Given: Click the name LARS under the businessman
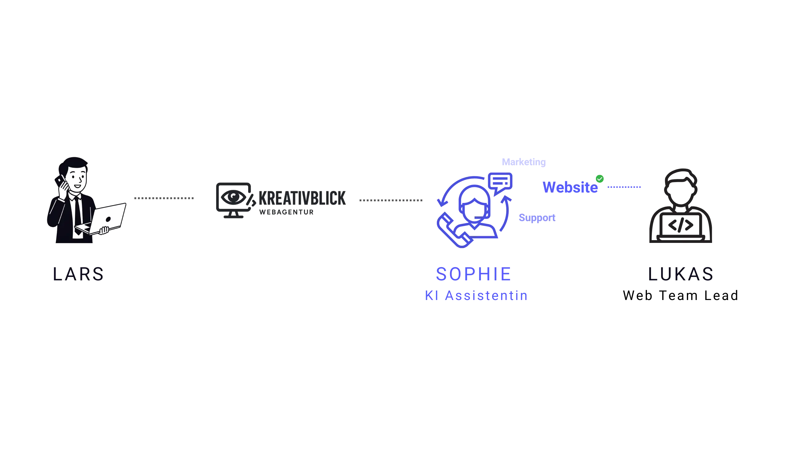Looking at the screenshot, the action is coord(78,274).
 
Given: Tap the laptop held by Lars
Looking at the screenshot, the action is coord(107,219).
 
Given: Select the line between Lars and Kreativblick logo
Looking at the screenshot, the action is coord(163,199).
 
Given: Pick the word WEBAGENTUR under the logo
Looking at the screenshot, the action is coord(287,212).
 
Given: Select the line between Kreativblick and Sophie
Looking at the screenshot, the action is coord(390,200).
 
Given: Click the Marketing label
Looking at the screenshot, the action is coord(523,162).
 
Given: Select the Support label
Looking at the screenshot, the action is coord(537,218).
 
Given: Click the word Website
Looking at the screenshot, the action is coord(570,188).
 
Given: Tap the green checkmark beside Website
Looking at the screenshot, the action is coord(599,179).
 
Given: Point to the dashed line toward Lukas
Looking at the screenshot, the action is coord(624,187).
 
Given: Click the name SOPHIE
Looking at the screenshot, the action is coord(473,274).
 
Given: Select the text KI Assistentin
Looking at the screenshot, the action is coord(476,296).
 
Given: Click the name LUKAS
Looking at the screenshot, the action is coord(681,274).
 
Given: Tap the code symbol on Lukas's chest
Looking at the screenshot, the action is coord(681,225).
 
